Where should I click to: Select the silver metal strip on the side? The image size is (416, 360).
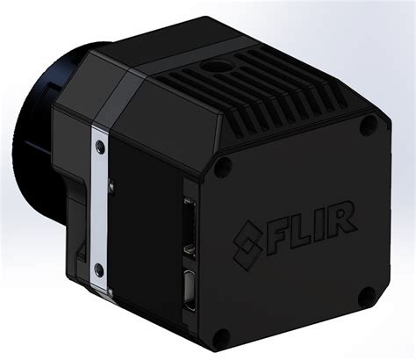(x=100, y=206)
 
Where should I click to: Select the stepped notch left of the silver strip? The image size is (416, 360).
(x=80, y=256)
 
